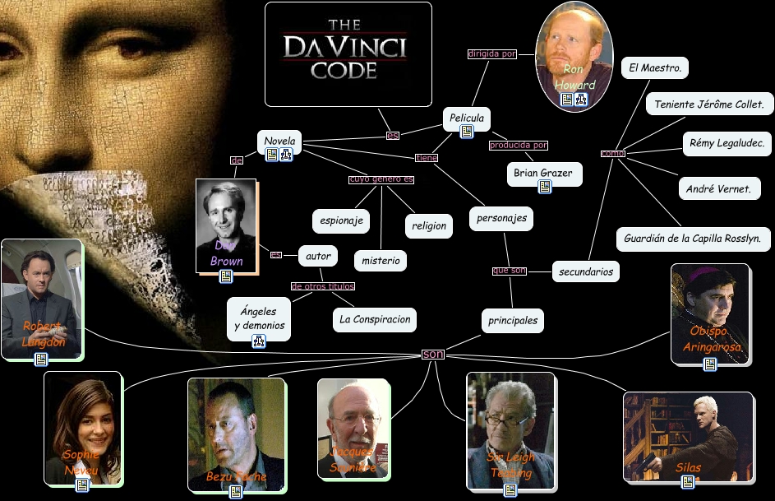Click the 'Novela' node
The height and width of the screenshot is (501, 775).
coord(279,141)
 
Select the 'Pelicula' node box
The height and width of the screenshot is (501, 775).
coord(466,118)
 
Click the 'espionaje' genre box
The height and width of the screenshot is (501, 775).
coord(341,220)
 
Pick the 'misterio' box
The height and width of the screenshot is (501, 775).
coord(381,261)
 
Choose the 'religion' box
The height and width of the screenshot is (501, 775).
coord(428,225)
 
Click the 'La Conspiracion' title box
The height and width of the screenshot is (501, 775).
coord(375,318)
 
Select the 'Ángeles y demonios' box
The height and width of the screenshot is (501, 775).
coord(258,318)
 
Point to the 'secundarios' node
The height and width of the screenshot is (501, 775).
coord(585,271)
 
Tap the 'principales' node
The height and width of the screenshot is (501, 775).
coord(513,320)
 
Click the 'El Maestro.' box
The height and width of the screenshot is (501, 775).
coord(654,68)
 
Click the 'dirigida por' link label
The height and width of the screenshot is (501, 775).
coord(491,54)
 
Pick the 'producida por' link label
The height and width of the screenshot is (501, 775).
coord(518,146)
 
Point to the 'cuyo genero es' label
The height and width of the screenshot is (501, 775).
coord(381,179)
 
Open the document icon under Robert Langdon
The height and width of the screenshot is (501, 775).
coord(41,360)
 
